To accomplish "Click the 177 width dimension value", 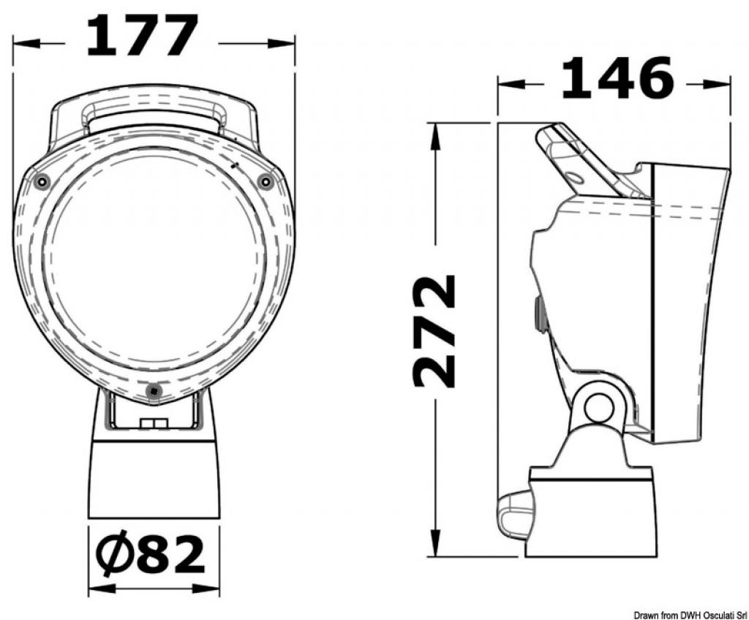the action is [142, 35].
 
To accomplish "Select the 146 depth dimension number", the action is [617, 77].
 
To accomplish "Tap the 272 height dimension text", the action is [434, 330].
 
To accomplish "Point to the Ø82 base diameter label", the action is [151, 554].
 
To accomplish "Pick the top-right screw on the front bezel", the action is [265, 181].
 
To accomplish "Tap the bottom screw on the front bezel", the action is [154, 391].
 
